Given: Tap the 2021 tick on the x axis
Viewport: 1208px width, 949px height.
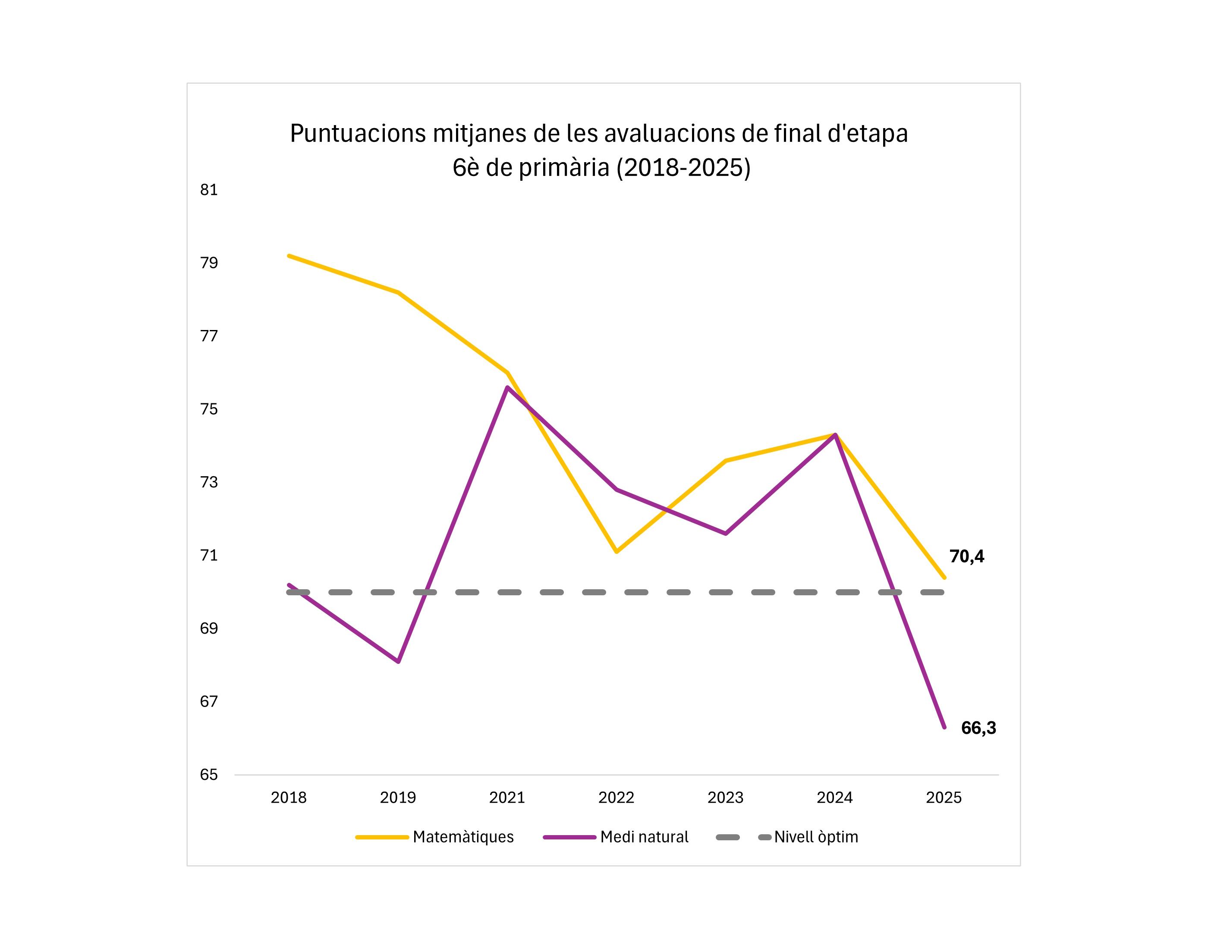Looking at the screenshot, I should [507, 798].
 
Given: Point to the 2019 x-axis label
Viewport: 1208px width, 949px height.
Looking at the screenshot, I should [398, 798].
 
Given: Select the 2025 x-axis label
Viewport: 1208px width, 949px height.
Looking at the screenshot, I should [944, 798].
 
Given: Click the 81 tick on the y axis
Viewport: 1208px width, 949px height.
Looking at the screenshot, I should [209, 190].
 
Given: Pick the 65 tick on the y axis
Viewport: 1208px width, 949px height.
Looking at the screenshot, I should [209, 775].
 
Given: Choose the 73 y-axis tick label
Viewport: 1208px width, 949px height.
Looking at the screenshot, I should [209, 482].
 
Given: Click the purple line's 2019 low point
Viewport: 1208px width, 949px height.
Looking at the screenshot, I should [398, 662].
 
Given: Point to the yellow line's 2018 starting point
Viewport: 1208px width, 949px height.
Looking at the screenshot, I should [289, 256].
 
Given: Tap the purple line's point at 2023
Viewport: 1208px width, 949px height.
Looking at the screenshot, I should [726, 534].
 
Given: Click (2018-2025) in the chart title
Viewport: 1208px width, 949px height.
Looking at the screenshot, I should [683, 168].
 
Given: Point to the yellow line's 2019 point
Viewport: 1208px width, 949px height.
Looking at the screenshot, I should [398, 292].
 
